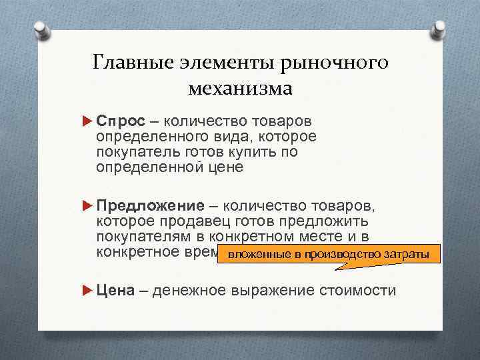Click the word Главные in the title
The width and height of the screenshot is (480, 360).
pyautogui.click(x=135, y=64)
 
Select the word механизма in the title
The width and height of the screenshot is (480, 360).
pyautogui.click(x=241, y=88)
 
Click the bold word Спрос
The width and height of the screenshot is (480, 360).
pyautogui.click(x=117, y=121)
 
